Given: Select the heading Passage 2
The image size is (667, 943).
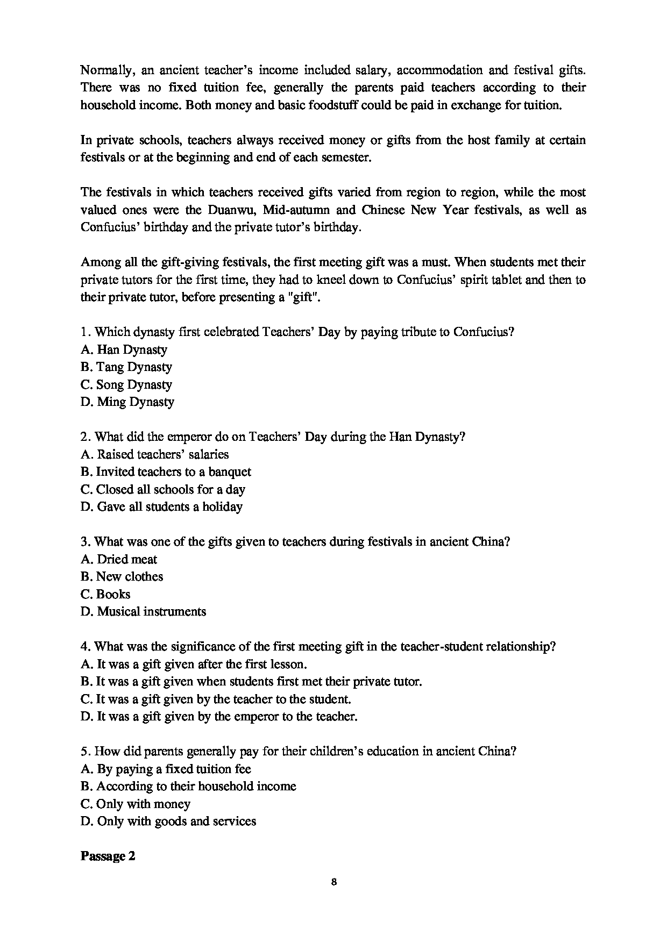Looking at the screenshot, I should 108,856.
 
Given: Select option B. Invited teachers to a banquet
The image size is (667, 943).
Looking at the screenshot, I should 166,471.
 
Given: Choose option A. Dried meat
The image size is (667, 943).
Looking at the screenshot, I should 119,559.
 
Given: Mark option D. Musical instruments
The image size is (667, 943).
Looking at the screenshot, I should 143,611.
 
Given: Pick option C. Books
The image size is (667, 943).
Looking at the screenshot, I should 105,594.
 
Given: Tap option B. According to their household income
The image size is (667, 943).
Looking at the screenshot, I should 188,786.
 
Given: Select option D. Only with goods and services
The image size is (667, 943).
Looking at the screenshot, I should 168,821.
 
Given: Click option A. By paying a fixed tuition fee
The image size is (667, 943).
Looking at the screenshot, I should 166,769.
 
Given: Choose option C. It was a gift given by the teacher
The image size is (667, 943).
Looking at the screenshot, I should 216,699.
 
